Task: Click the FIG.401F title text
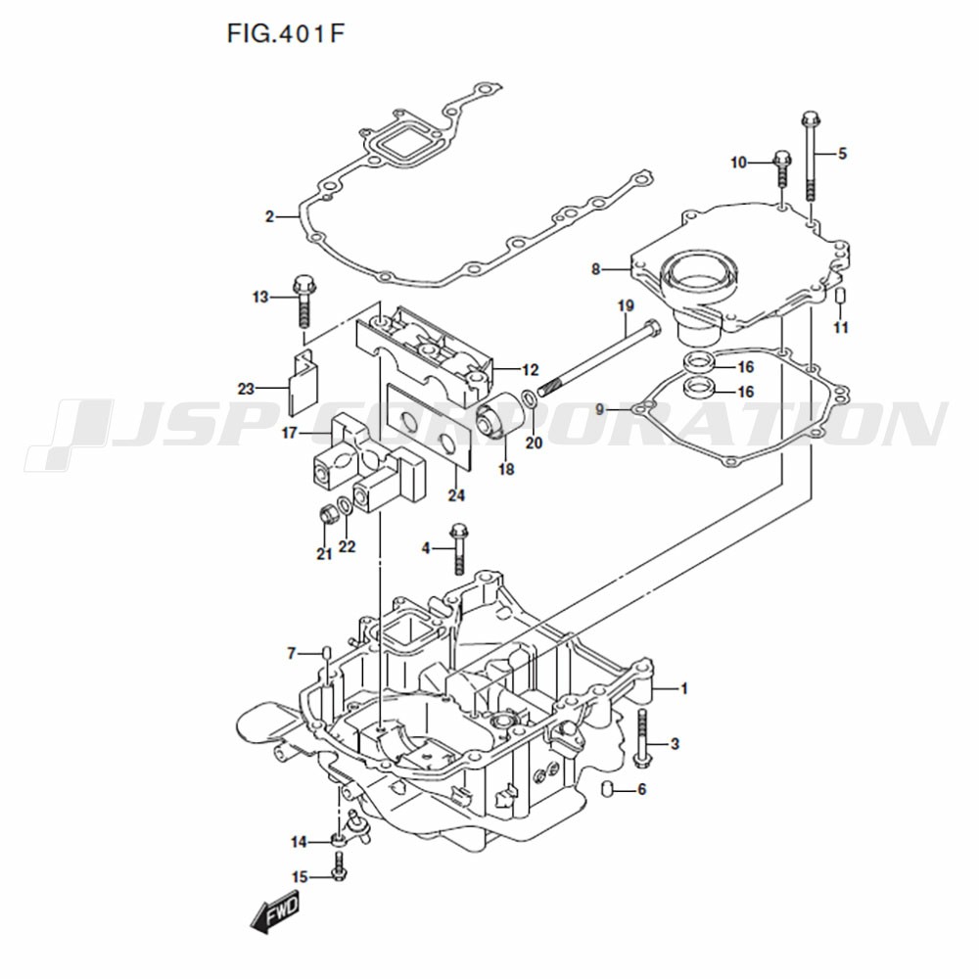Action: pyautogui.click(x=285, y=33)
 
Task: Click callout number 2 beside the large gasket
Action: pyautogui.click(x=269, y=216)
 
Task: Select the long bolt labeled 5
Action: pyautogui.click(x=811, y=156)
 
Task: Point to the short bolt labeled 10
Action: pyautogui.click(x=782, y=167)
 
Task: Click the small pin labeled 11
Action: pyautogui.click(x=840, y=296)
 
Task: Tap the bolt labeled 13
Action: pyautogui.click(x=303, y=301)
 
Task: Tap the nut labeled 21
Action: pyautogui.click(x=327, y=515)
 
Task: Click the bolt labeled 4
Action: pyautogui.click(x=458, y=548)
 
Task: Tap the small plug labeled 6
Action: pyautogui.click(x=604, y=789)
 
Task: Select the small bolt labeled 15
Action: pyautogui.click(x=337, y=867)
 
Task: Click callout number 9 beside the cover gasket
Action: pyautogui.click(x=599, y=409)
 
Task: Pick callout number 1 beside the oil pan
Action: pyautogui.click(x=684, y=688)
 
